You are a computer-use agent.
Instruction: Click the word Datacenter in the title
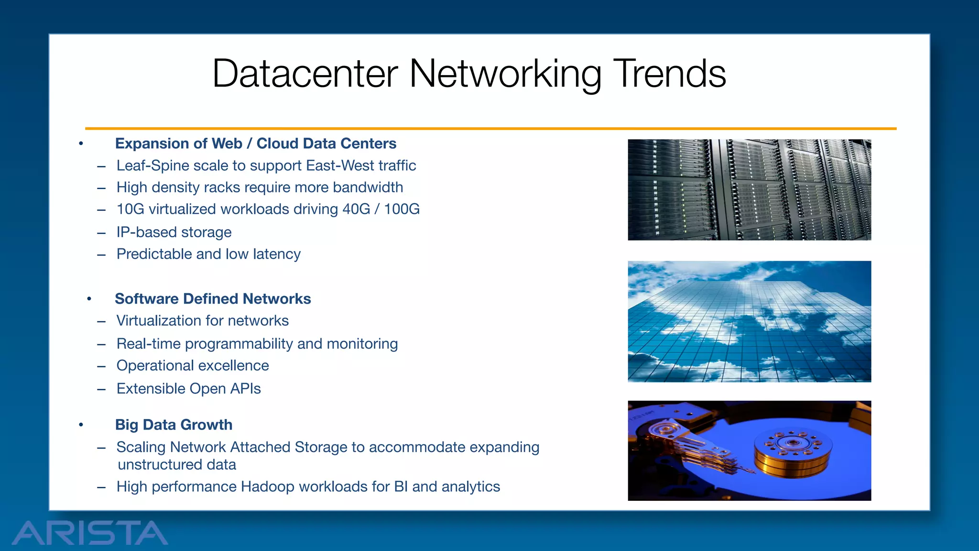tap(305, 74)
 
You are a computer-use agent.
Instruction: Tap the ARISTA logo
tap(90, 533)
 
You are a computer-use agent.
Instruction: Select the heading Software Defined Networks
tap(213, 299)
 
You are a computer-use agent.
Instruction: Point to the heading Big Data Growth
tap(174, 425)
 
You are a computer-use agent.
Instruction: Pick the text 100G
tap(402, 209)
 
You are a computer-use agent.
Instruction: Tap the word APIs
tap(245, 389)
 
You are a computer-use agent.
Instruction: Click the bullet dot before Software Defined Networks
tap(89, 299)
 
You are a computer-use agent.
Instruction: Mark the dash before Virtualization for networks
tap(101, 321)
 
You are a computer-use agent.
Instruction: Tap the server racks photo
tap(749, 190)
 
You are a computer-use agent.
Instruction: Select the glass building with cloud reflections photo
tap(749, 321)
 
